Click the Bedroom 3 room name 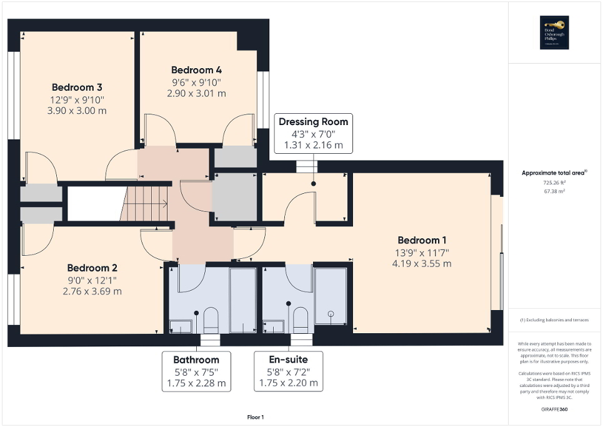[x=77, y=87]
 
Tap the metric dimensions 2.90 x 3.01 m [x=196, y=93]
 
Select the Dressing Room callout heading [x=313, y=121]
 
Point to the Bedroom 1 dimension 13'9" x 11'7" [x=422, y=253]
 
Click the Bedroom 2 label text [x=92, y=268]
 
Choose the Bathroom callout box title [x=196, y=359]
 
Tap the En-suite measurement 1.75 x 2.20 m [x=288, y=383]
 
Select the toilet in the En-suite [x=301, y=319]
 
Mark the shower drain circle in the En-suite [x=331, y=313]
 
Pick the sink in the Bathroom [x=182, y=326]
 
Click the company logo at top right [x=555, y=32]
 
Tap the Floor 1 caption [x=256, y=417]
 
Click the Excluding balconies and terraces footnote [x=555, y=319]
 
